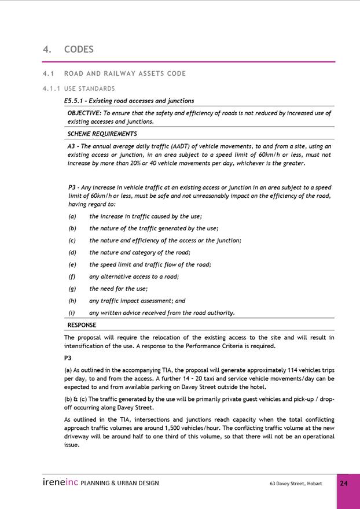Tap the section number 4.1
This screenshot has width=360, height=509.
(48, 73)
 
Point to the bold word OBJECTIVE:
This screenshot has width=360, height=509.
(85, 113)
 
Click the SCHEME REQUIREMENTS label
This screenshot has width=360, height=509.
(102, 134)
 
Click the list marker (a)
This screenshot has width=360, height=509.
(72, 216)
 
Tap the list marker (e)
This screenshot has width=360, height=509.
(72, 264)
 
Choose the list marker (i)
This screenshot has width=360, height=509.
(71, 313)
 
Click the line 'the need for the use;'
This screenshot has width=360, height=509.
(118, 289)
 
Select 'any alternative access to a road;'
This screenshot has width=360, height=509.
(134, 276)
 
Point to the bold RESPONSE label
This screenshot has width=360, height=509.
(82, 325)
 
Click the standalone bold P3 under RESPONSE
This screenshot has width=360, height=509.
(68, 358)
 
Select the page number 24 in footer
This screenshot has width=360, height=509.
(344, 483)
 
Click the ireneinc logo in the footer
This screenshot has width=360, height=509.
(60, 482)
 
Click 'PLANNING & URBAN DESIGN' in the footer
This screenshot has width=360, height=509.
(120, 483)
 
